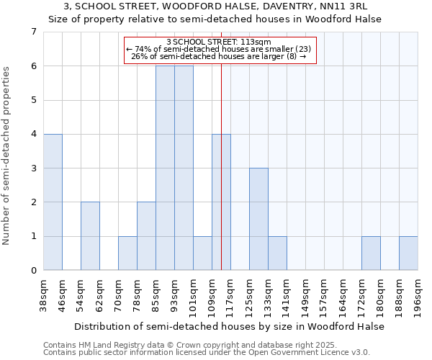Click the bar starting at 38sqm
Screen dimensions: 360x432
point(53,202)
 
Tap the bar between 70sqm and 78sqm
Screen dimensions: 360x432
point(127,253)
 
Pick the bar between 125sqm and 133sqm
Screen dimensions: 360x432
point(258,219)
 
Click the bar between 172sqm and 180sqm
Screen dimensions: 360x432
point(371,253)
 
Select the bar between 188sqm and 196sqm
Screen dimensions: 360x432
point(408,253)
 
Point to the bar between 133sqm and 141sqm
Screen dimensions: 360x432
point(277,253)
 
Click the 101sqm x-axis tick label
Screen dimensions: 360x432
point(193,294)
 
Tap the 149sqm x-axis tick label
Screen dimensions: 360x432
point(305,294)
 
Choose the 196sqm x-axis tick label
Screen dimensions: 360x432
point(418,294)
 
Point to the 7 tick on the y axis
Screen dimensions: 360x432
point(33,32)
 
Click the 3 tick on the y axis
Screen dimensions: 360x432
point(33,168)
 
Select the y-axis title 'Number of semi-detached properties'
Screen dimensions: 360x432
point(7,156)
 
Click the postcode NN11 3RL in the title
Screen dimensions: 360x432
point(352,6)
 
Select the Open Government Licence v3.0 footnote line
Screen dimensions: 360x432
point(207,353)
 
